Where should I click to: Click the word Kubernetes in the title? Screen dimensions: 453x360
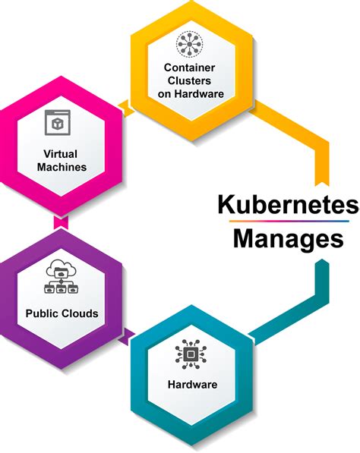click(x=288, y=206)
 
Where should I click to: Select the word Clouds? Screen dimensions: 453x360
click(x=81, y=313)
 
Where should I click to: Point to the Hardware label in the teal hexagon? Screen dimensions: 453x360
click(x=192, y=385)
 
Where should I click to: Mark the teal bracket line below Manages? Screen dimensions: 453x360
click(x=320, y=288)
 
